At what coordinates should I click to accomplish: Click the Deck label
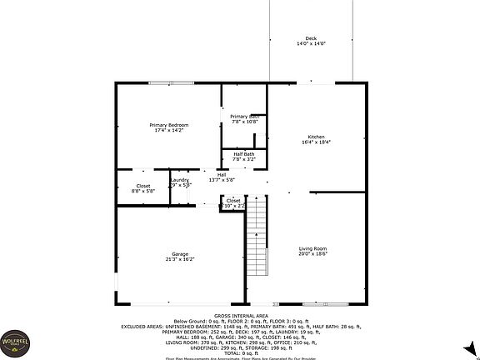[x=311, y=38]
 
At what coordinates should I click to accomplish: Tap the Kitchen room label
[x=316, y=136]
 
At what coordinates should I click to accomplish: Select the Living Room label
[x=313, y=248]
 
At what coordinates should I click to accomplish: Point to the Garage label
[x=180, y=253]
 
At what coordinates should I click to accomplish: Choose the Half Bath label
[x=244, y=153]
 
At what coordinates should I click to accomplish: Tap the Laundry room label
[x=180, y=180]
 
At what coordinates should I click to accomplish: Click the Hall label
[x=222, y=174]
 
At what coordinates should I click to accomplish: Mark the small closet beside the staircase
[x=233, y=201]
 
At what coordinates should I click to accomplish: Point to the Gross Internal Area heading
[x=239, y=316]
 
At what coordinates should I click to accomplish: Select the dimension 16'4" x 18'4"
[x=316, y=142]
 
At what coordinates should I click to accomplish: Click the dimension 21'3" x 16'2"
[x=180, y=259]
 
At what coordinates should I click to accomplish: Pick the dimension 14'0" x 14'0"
[x=311, y=44]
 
